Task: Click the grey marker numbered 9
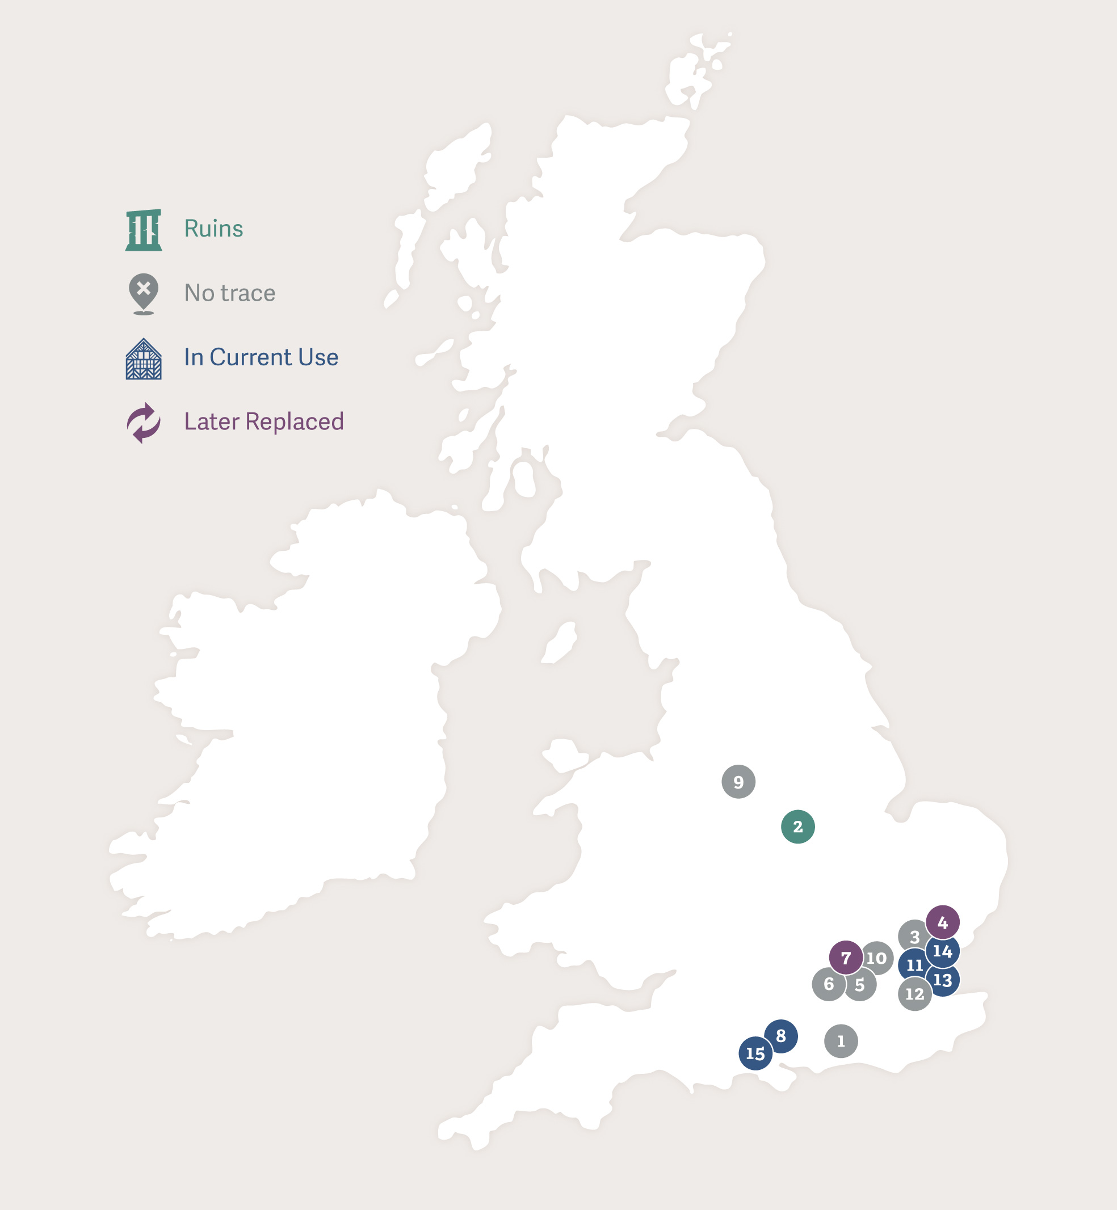[738, 782]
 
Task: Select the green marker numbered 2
[798, 827]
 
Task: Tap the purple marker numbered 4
[942, 922]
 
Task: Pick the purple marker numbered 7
[846, 958]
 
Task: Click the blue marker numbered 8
[781, 1036]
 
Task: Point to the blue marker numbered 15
[755, 1053]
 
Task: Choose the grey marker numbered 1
[841, 1041]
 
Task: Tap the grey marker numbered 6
[828, 984]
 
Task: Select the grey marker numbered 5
[860, 985]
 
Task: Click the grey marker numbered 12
[914, 994]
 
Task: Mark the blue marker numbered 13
[943, 980]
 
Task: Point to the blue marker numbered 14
[942, 951]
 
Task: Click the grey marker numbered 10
[878, 958]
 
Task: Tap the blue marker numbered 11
[913, 966]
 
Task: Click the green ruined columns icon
[143, 230]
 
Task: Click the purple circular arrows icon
[143, 422]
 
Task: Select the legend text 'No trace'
[230, 293]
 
